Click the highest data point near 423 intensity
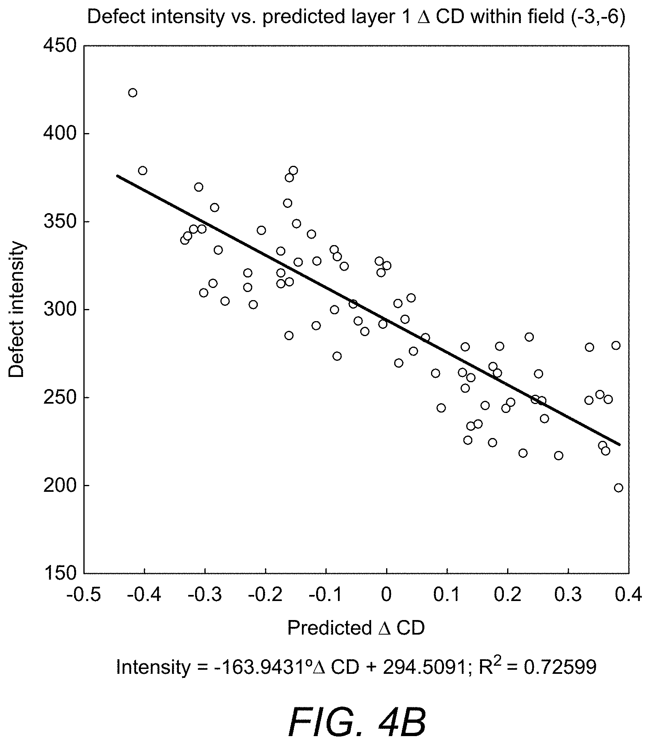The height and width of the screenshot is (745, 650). pyautogui.click(x=133, y=93)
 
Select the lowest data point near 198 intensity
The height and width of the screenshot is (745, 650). pyautogui.click(x=618, y=488)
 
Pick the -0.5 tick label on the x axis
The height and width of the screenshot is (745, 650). pyautogui.click(x=84, y=595)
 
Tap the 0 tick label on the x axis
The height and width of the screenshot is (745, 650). pyautogui.click(x=387, y=595)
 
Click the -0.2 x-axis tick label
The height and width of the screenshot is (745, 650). pyautogui.click(x=266, y=595)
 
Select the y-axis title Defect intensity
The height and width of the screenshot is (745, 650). pyautogui.click(x=17, y=310)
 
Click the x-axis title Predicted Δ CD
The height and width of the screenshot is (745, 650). pyautogui.click(x=356, y=628)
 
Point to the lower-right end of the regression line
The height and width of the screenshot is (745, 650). pyautogui.click(x=619, y=445)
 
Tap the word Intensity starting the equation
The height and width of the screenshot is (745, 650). pyautogui.click(x=153, y=667)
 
